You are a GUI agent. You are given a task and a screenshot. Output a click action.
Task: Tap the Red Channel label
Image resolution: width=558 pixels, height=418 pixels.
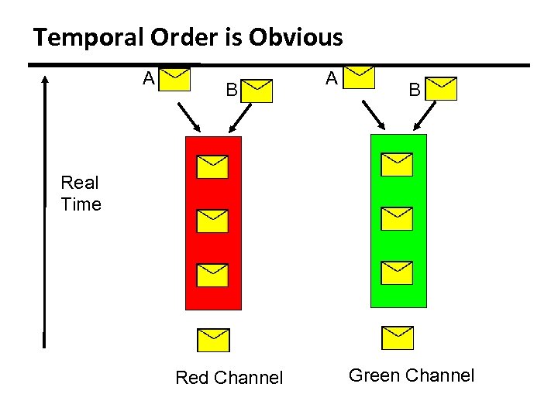coord(229,378)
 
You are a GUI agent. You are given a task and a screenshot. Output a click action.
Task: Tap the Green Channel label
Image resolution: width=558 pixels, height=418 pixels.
coord(412,376)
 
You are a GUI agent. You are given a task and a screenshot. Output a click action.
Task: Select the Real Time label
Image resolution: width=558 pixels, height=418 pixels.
coord(81,194)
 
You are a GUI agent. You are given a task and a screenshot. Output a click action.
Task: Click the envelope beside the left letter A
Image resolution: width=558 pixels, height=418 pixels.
coord(177,79)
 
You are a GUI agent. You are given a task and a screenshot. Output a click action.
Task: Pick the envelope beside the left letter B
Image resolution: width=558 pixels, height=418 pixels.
coord(258,90)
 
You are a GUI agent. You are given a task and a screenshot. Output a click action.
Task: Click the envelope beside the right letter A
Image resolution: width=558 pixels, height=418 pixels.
coord(360,77)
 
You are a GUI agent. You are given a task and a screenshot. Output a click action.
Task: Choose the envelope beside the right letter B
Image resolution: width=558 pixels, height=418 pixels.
coord(443,88)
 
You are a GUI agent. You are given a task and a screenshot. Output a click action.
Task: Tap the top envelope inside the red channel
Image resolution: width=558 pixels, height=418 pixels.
coord(212,166)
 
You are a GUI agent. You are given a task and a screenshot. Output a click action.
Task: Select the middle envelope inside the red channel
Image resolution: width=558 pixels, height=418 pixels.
coord(212,221)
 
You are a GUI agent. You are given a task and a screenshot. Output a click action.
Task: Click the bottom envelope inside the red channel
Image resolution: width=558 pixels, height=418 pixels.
coord(212,275)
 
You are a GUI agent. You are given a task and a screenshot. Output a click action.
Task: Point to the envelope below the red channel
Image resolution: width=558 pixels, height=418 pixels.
coord(213,340)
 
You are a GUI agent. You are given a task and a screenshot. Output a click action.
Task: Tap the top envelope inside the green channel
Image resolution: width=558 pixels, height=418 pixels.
coord(397,164)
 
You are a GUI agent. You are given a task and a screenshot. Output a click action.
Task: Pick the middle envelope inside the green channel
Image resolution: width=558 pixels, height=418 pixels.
coord(397,218)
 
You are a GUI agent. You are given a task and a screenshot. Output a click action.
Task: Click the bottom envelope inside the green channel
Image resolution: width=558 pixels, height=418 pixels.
coord(397,272)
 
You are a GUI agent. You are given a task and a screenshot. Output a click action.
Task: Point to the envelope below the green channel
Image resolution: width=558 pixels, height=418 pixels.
coord(398,337)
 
